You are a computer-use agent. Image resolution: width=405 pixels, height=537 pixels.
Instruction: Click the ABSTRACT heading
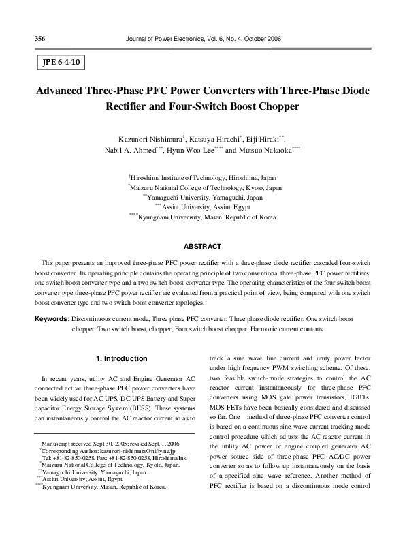click(202, 245)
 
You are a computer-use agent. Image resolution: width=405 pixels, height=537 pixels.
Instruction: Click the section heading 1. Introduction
click(121, 359)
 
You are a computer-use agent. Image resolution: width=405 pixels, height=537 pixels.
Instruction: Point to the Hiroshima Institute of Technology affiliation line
click(204, 176)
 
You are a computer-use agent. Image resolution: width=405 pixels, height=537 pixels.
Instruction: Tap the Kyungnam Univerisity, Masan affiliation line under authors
click(204, 217)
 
